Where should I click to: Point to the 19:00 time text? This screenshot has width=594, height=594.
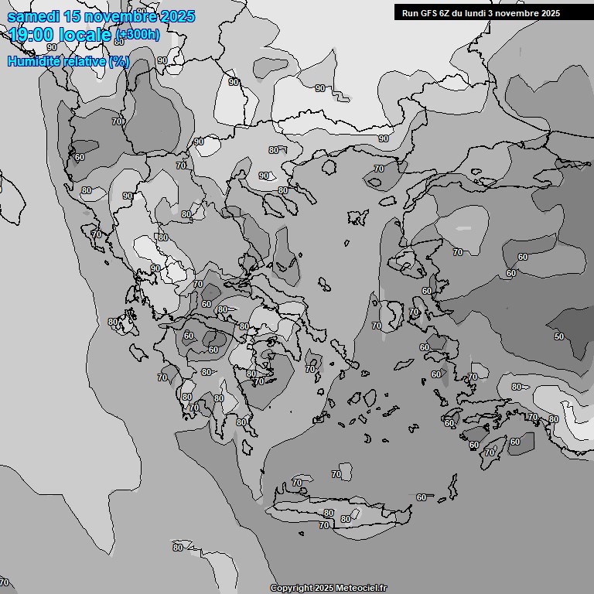pos(33,34)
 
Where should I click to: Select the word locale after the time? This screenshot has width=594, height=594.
pos(87,34)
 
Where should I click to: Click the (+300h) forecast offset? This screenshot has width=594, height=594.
pos(138,34)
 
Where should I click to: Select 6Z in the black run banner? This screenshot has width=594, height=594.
pos(444,12)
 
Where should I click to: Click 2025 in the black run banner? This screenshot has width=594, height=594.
pos(550,12)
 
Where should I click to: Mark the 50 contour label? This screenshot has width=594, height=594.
pos(559,336)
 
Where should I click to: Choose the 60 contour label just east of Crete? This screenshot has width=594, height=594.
pos(422,497)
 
